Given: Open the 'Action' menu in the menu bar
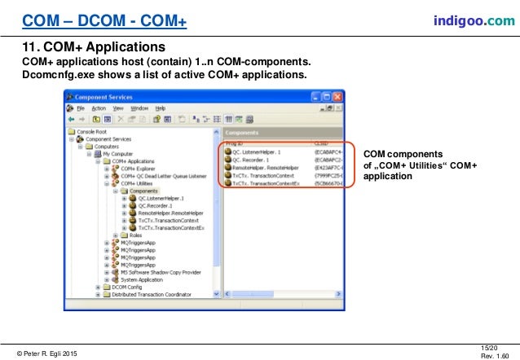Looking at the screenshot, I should [x=99, y=108].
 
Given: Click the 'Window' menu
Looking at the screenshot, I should [x=139, y=108].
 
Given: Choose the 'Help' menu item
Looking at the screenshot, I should [x=160, y=108].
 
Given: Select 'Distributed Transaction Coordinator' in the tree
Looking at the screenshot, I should [x=152, y=294].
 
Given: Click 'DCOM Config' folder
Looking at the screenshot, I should [x=126, y=287].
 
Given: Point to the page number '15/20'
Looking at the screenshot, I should [x=490, y=347].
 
